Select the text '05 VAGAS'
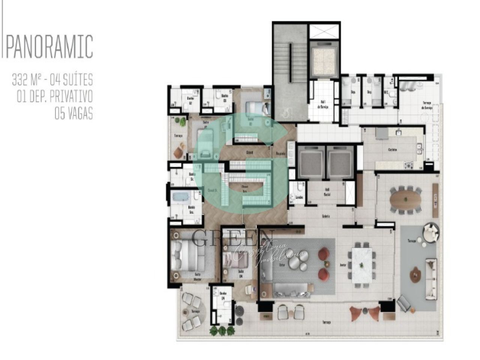74,114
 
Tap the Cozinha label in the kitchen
392,150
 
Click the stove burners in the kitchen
408,165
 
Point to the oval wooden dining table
405,199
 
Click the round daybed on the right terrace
430,232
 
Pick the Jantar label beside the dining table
342,265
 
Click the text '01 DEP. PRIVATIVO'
55,97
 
